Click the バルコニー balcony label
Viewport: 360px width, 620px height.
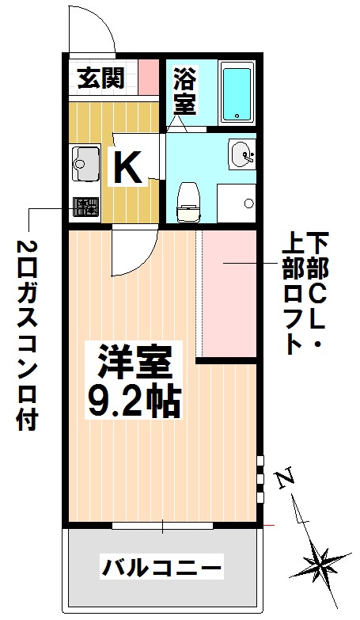point(161,567)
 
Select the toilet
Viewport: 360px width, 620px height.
point(188,200)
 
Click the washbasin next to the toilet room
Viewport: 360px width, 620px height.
point(241,154)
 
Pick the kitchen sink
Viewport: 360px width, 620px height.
point(83,162)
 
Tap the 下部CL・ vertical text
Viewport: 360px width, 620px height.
point(317,292)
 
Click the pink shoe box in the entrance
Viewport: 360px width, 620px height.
point(149,78)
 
